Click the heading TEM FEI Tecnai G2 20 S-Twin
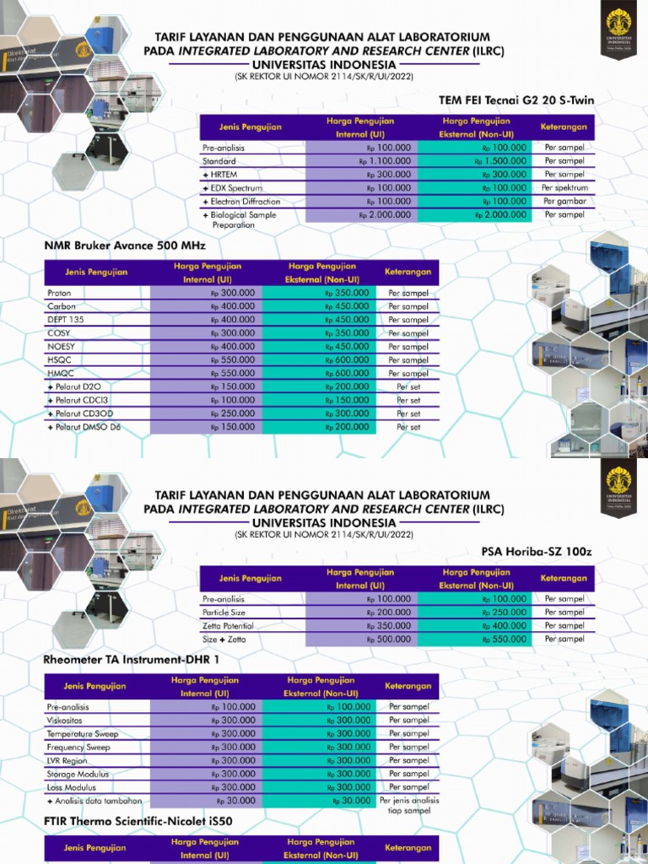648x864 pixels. [516, 100]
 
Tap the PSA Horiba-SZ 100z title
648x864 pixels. [537, 552]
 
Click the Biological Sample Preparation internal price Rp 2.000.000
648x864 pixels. [385, 215]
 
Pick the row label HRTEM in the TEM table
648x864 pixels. [222, 175]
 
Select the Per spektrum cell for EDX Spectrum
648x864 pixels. [564, 187]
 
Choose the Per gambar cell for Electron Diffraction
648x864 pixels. [564, 202]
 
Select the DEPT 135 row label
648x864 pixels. [67, 320]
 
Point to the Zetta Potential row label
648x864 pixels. [228, 626]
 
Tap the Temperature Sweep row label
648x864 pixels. [83, 734]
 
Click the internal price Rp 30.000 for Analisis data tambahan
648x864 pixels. [235, 801]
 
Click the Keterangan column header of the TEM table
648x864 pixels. [564, 127]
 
